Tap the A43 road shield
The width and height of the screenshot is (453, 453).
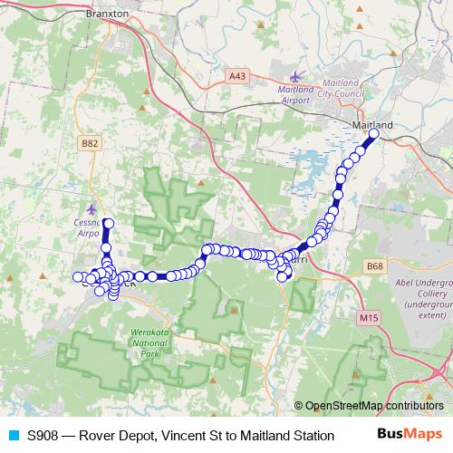pos(236,77)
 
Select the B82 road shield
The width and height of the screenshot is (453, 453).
pos(90,143)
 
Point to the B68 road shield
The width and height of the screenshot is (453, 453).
pos(375,265)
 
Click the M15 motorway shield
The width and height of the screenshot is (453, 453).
pos(367,318)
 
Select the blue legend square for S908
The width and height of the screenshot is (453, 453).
pos(13,435)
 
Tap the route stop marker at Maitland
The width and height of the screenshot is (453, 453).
pos(373,136)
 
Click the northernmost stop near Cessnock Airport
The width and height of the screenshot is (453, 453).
pos(108,223)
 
